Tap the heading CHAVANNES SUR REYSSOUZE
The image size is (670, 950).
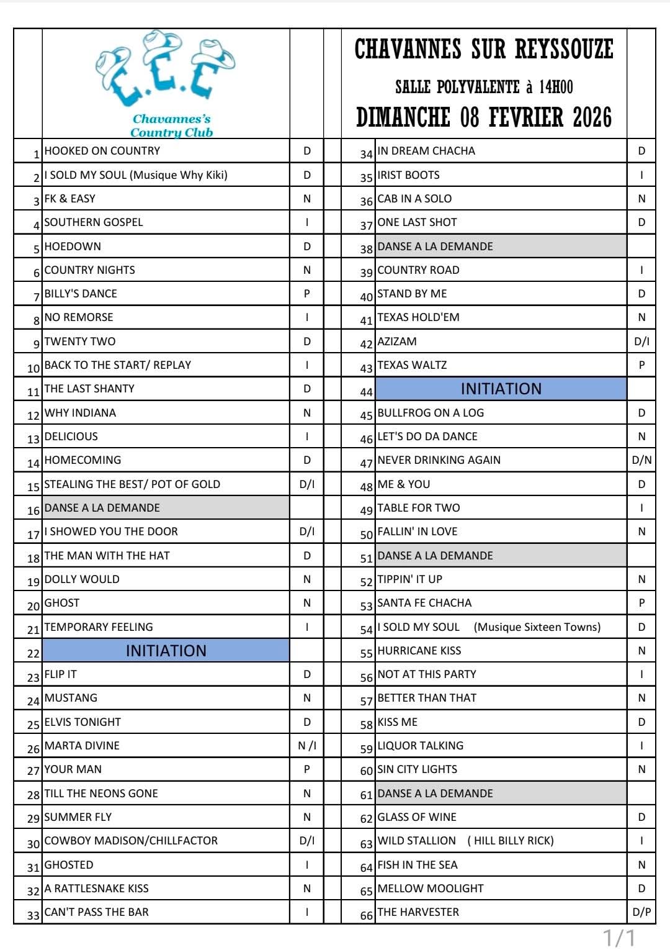(x=484, y=49)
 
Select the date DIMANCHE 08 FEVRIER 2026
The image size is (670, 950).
(x=484, y=117)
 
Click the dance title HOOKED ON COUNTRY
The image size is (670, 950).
(x=102, y=151)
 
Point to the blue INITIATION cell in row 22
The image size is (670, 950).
(x=166, y=651)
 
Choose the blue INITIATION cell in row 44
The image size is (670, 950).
(x=501, y=389)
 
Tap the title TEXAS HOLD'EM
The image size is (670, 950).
(x=418, y=317)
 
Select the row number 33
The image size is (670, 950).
(x=33, y=915)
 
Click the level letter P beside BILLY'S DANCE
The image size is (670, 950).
(x=307, y=294)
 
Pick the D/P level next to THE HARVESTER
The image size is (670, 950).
(x=641, y=912)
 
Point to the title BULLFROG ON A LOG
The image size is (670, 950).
(x=431, y=413)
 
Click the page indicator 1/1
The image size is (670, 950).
(x=620, y=937)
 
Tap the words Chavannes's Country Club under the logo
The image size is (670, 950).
(x=171, y=125)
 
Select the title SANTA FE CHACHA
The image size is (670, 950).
(x=424, y=603)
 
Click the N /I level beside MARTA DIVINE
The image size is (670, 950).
(x=307, y=746)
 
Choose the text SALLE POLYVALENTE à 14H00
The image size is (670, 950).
(x=484, y=86)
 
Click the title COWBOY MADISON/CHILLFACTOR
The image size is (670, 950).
(x=131, y=841)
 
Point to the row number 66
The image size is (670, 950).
(x=367, y=915)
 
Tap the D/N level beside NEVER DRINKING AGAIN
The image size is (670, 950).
(x=641, y=460)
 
